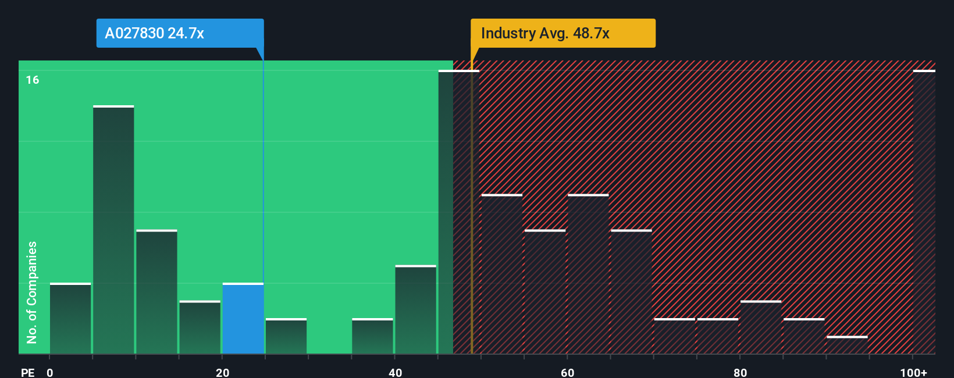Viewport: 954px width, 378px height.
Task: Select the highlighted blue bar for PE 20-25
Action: pyautogui.click(x=243, y=319)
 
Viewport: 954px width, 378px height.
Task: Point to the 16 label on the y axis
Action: pyautogui.click(x=33, y=80)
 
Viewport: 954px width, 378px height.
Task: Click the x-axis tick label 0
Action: pyautogui.click(x=50, y=372)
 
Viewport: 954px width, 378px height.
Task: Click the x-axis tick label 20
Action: pyautogui.click(x=222, y=372)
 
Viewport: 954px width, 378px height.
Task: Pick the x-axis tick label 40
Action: pyautogui.click(x=395, y=372)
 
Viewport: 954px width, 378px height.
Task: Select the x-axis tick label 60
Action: pyautogui.click(x=567, y=372)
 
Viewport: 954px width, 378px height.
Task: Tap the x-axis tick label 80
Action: pyautogui.click(x=740, y=372)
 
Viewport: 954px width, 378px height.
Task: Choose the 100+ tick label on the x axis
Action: pyautogui.click(x=913, y=372)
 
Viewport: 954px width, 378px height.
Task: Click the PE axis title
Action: pyautogui.click(x=27, y=372)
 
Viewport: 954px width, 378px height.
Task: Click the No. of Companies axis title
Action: pyautogui.click(x=32, y=292)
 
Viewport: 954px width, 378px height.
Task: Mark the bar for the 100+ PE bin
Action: pyautogui.click(x=924, y=212)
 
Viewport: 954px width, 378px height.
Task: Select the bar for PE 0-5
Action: pyautogui.click(x=70, y=319)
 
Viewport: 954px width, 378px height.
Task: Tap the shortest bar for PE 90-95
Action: pyautogui.click(x=847, y=345)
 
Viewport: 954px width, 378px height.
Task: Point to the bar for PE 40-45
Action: pyautogui.click(x=415, y=310)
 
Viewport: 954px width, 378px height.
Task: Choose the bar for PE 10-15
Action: pyautogui.click(x=156, y=292)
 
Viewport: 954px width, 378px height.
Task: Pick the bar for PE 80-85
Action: pyautogui.click(x=761, y=327)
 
